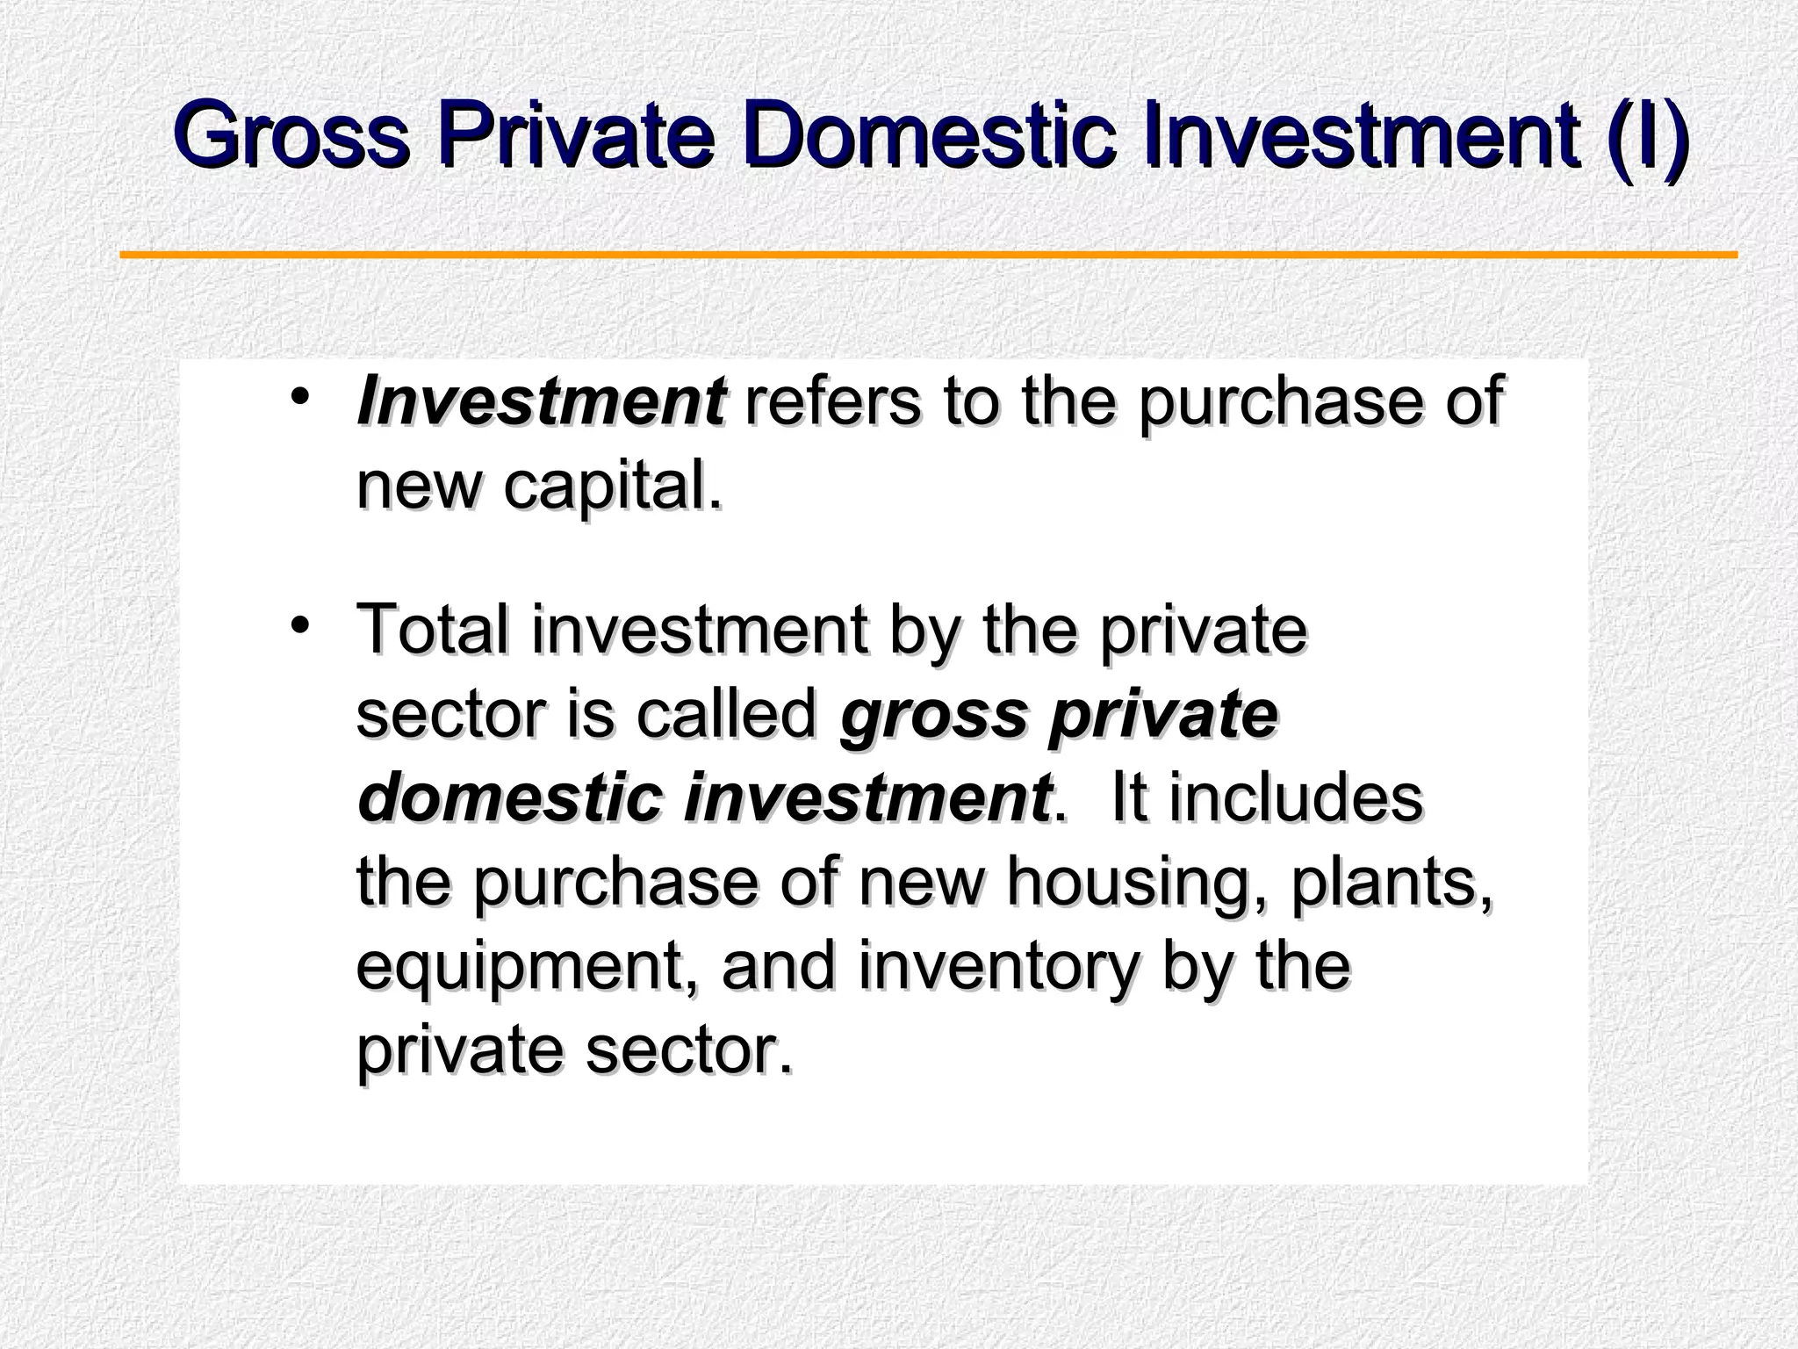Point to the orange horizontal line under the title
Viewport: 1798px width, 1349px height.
[929, 256]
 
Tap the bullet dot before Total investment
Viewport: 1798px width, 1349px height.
[300, 625]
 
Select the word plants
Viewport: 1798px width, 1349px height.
[1392, 882]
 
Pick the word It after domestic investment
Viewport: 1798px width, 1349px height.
[1131, 797]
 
